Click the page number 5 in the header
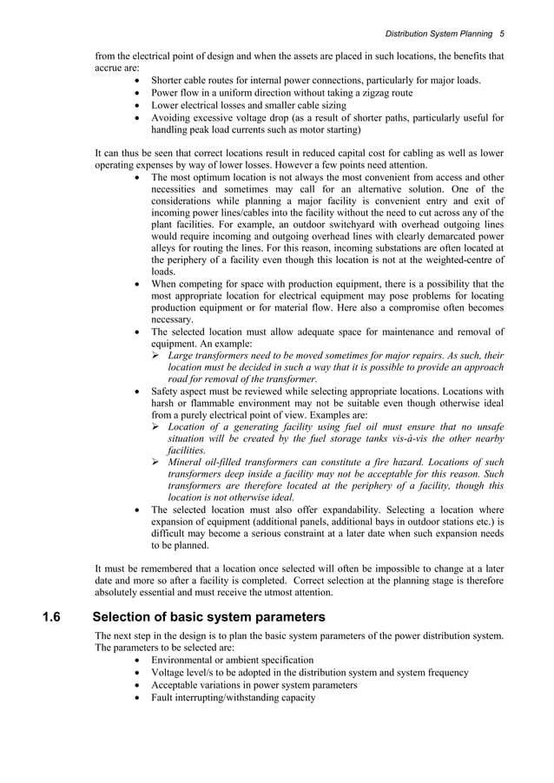tap(503, 34)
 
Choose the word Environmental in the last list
tap(189, 660)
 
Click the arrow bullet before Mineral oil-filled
tap(157, 463)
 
